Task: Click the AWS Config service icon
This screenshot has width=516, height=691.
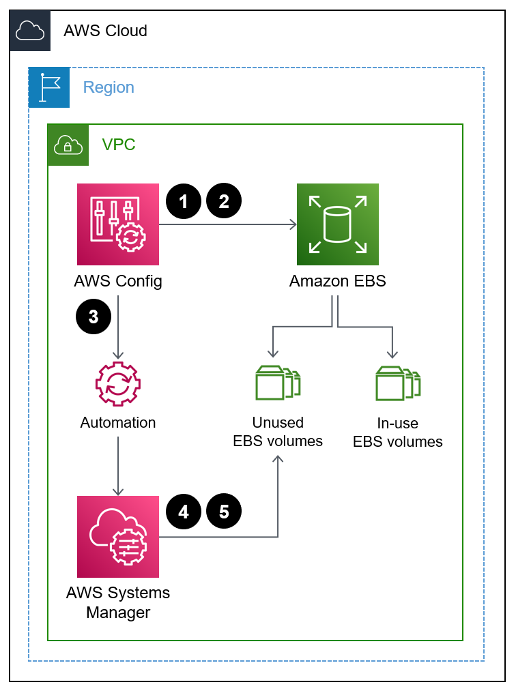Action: coord(118,224)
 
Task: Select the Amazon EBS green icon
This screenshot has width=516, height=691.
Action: coord(337,224)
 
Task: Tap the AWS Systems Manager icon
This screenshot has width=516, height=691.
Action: coord(118,537)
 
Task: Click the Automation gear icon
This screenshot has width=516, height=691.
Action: coord(118,385)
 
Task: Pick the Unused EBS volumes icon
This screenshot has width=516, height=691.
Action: coord(277,383)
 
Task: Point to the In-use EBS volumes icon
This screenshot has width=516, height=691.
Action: coord(397,383)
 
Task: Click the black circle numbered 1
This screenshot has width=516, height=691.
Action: coord(184,201)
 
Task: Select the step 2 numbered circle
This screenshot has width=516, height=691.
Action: coord(225,201)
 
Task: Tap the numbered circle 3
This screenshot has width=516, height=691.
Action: coord(94,317)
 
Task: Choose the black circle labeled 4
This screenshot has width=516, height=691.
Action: coord(184,512)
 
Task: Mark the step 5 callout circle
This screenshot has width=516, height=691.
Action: coord(225,512)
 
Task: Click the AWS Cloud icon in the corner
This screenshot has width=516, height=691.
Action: coord(30,31)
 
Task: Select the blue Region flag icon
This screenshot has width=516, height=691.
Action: coord(49,87)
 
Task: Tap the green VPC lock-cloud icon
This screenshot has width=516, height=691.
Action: coord(68,145)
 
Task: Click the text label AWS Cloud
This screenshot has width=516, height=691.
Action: coord(105,31)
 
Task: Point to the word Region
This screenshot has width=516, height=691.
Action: coord(109,87)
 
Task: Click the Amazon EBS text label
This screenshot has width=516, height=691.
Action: coord(337,281)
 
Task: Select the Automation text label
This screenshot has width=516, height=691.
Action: coord(118,422)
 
